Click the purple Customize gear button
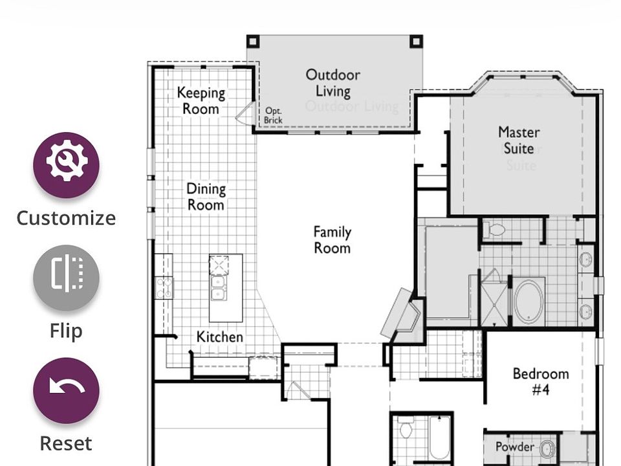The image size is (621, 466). point(66,165)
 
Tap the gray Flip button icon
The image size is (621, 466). point(66,278)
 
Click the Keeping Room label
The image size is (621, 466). point(201,101)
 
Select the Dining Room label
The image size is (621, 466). point(206,197)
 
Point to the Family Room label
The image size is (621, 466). point(332,239)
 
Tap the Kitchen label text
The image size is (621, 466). point(220,337)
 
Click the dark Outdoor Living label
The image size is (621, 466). point(333,83)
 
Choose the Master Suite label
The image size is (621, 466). point(519,140)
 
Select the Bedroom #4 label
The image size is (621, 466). point(541,381)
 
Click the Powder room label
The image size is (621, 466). point(515,447)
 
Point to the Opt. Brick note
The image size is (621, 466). point(273,115)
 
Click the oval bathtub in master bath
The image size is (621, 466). point(528,302)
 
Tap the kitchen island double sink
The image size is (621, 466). point(219,287)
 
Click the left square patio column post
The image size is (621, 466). point(253,41)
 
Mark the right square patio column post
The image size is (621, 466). point(416,41)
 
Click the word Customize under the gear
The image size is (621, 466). point(66,218)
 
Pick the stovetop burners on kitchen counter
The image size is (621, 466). point(164,287)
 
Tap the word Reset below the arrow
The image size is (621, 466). point(66,443)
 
